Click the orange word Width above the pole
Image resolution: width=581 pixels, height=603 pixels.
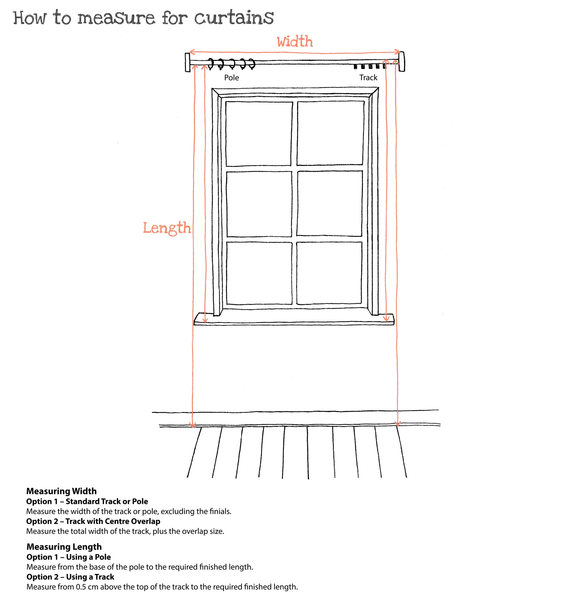pyautogui.click(x=294, y=41)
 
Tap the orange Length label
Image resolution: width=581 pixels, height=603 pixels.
pyautogui.click(x=167, y=228)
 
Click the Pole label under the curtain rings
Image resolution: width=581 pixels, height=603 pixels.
pyautogui.click(x=231, y=78)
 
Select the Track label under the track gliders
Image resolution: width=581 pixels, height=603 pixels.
pyautogui.click(x=368, y=78)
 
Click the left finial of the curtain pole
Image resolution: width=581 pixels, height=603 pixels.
pyautogui.click(x=187, y=62)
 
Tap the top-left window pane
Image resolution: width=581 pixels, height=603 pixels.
pyautogui.click(x=259, y=134)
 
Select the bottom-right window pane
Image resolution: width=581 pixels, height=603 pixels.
pyautogui.click(x=329, y=273)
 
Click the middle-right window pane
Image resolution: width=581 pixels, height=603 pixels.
pyautogui.click(x=330, y=203)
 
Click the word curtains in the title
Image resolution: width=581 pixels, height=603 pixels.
pyautogui.click(x=233, y=18)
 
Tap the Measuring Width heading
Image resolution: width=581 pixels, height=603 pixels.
pyautogui.click(x=61, y=491)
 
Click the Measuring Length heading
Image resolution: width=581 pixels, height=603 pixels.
pyautogui.click(x=64, y=547)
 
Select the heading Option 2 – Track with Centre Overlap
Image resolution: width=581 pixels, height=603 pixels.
pyautogui.click(x=93, y=521)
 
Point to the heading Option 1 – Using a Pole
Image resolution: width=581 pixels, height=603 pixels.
pyautogui.click(x=68, y=557)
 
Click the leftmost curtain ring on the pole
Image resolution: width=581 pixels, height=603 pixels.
pyautogui.click(x=211, y=63)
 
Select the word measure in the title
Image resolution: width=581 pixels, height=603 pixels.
pyautogui.click(x=116, y=18)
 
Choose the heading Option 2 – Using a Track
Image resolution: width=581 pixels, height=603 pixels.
pyautogui.click(x=70, y=577)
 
